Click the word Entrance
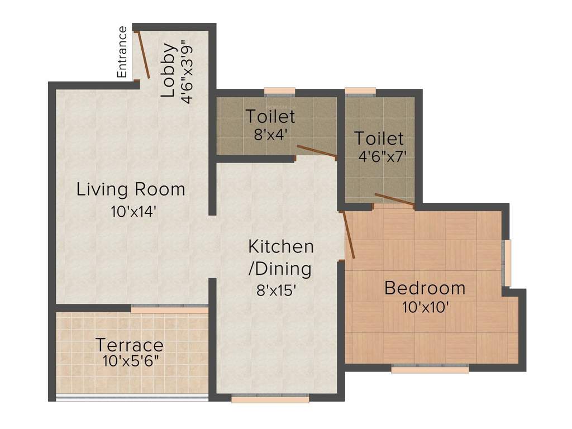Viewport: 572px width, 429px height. [x=122, y=52]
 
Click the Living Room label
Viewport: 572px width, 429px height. [x=131, y=189]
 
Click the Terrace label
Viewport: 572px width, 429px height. [x=129, y=345]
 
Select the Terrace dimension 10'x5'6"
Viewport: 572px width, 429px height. [x=131, y=360]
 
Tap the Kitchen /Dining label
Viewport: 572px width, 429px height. [x=280, y=258]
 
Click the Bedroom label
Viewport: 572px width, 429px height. [x=425, y=288]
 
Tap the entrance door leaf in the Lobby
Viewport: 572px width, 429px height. [x=143, y=54]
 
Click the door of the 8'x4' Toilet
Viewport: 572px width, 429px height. [x=316, y=151]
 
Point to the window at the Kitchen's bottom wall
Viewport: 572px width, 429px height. [x=270, y=399]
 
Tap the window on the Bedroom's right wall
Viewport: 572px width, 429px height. [x=507, y=263]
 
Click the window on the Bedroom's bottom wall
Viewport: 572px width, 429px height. [x=430, y=369]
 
